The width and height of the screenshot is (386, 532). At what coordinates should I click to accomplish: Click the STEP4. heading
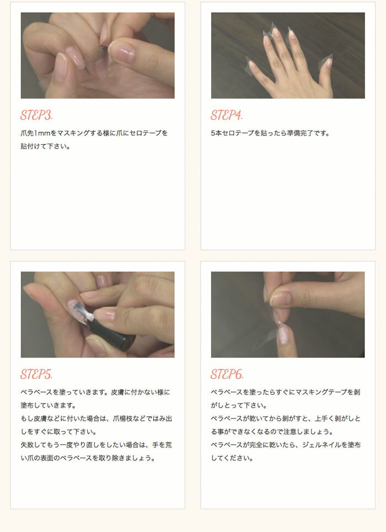point(226,116)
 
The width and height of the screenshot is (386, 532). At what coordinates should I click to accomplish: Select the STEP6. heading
point(227,374)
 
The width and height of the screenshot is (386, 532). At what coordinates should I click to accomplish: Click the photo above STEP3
point(98,55)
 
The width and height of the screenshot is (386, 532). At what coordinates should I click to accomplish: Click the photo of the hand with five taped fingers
point(287,55)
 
